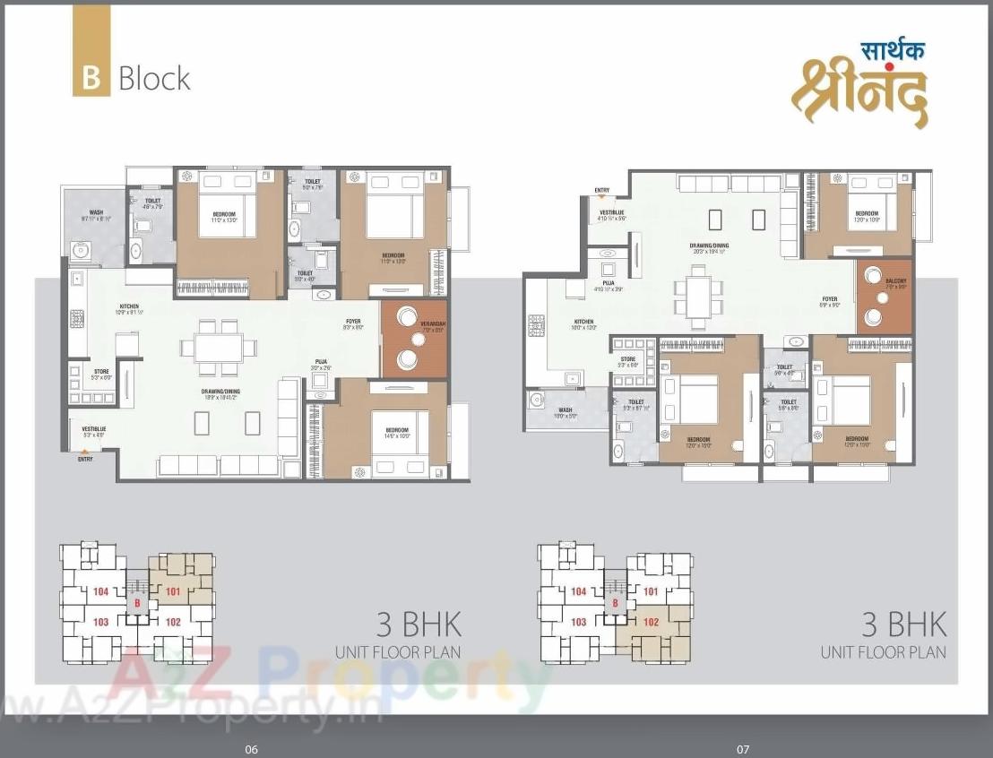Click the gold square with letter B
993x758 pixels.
(x=91, y=77)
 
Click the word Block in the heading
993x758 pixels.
(x=154, y=78)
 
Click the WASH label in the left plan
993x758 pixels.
(x=95, y=212)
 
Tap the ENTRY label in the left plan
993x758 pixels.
(x=85, y=458)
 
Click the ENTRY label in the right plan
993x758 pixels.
(x=601, y=190)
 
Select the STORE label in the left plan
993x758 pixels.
(x=101, y=370)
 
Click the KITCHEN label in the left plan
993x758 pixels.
(x=129, y=306)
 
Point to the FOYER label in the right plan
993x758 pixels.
(x=830, y=299)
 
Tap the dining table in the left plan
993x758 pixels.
(x=219, y=348)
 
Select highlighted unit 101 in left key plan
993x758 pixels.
(x=173, y=590)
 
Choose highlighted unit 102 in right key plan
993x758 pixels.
(x=652, y=622)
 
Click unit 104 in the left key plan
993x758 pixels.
(x=100, y=591)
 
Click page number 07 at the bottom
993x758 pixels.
(x=742, y=749)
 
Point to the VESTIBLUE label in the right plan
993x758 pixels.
(x=612, y=213)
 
